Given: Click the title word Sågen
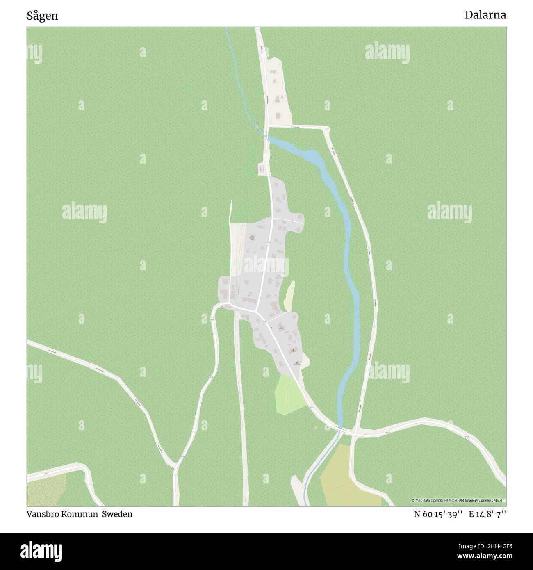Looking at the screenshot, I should click(x=42, y=16).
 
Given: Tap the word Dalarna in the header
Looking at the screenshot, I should click(x=485, y=15).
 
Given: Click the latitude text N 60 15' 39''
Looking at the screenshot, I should click(x=438, y=514).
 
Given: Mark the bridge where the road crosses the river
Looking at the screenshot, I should click(x=340, y=430).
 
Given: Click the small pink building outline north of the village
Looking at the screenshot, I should click(x=261, y=169).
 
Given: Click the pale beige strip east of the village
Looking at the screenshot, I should click(x=290, y=295).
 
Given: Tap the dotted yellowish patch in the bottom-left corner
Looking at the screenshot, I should click(x=45, y=490).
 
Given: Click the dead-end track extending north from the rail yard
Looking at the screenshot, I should click(x=231, y=211).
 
